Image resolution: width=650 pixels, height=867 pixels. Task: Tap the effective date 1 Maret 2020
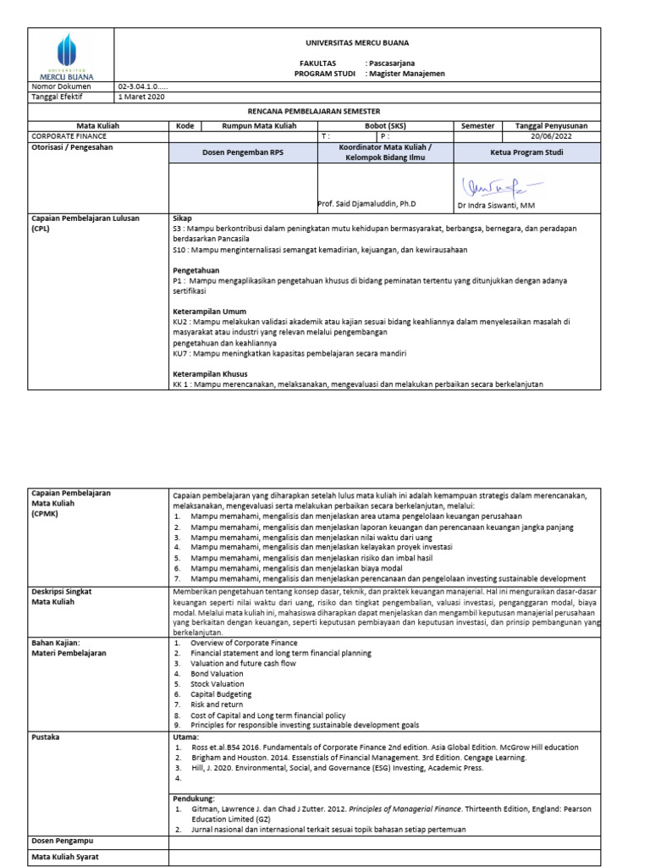pyautogui.click(x=142, y=97)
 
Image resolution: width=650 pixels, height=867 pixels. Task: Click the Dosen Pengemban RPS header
pyautogui.click(x=242, y=153)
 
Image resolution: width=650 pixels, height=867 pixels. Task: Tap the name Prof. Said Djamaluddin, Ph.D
pyautogui.click(x=367, y=205)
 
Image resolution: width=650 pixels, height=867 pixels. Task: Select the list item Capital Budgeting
pyautogui.click(x=216, y=693)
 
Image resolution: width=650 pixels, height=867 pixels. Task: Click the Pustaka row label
pyautogui.click(x=46, y=737)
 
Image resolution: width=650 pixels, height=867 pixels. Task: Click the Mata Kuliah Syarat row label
pyautogui.click(x=67, y=858)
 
